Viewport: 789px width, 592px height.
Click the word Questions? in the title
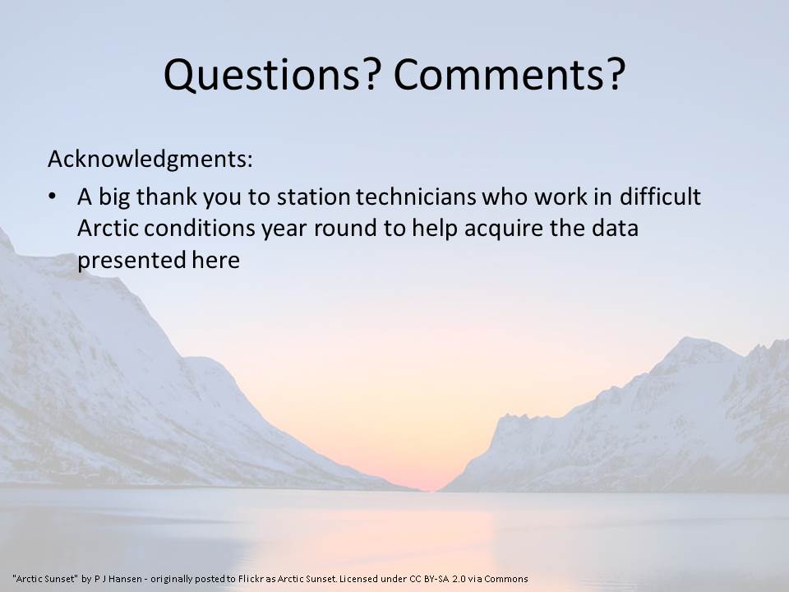(x=270, y=75)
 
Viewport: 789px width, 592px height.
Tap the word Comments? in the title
(x=510, y=75)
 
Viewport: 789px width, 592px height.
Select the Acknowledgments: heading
(x=150, y=159)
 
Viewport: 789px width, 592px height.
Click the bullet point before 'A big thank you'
(x=53, y=197)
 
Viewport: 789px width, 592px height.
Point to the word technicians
(x=416, y=197)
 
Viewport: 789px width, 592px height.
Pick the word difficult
(x=660, y=197)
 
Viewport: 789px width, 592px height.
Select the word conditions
(x=200, y=228)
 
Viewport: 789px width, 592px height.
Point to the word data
(x=615, y=228)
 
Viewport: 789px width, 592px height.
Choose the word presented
(x=131, y=261)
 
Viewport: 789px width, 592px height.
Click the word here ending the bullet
(x=216, y=261)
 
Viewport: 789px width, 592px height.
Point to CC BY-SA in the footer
(x=429, y=579)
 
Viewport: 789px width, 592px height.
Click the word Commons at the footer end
(x=506, y=579)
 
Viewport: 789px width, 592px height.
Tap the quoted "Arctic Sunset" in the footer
(x=45, y=579)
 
